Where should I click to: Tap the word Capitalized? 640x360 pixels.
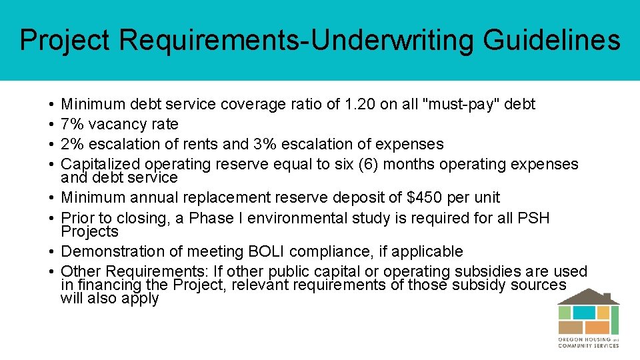tap(101, 164)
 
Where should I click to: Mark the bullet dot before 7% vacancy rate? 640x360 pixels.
tap(51, 125)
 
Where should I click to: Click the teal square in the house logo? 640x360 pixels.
tap(584, 312)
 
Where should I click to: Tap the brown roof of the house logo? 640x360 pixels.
tap(589, 297)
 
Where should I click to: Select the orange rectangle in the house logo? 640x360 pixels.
tap(597, 327)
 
